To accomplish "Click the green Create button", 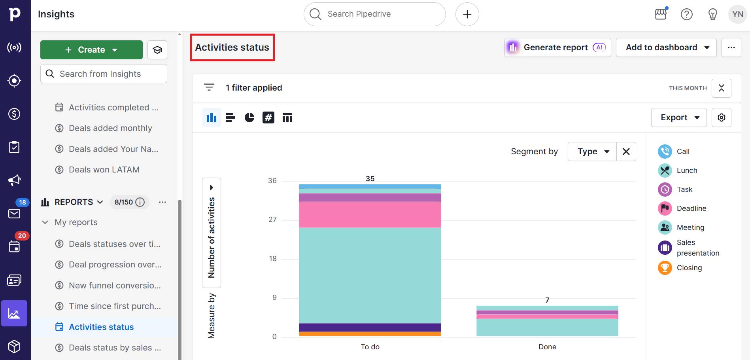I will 91,50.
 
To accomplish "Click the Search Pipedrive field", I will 374,14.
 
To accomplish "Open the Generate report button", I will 557,47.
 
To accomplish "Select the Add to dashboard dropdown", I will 666,47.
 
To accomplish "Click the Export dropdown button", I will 678,117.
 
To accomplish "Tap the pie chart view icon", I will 249,117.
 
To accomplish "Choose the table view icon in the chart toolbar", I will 287,117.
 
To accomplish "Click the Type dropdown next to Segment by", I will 592,152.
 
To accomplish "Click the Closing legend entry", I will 689,268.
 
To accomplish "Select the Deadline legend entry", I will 691,208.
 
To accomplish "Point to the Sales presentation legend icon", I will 665,248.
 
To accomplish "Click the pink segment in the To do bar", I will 370,215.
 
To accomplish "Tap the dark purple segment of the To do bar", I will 370,327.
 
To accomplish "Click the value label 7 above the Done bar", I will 547,300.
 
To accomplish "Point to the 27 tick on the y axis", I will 273,220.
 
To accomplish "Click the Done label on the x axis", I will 547,347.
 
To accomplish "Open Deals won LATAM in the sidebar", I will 104,170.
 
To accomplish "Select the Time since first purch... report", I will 115,306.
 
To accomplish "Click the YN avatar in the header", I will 737,14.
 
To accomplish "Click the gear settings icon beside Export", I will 721,117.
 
